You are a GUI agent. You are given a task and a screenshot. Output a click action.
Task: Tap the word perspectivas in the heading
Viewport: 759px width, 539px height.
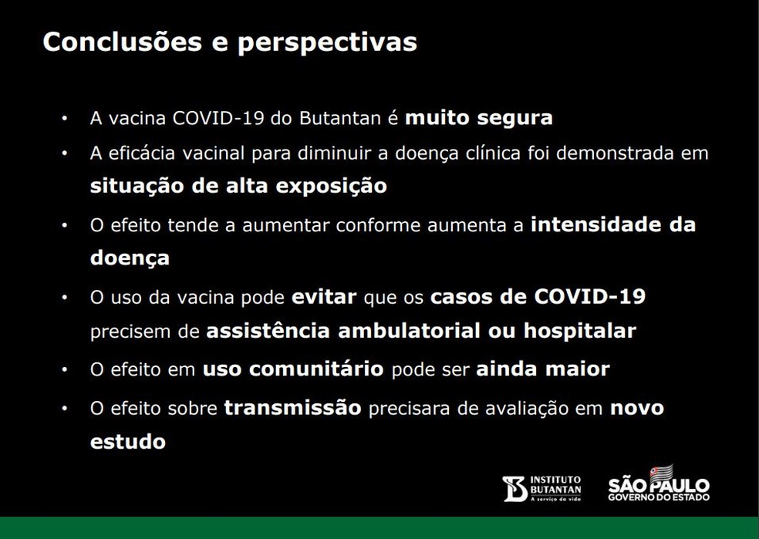[327, 43]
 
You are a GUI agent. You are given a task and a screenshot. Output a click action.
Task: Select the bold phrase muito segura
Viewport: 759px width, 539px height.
[479, 119]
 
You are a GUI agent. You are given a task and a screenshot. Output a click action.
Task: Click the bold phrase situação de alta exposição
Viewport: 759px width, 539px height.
[238, 187]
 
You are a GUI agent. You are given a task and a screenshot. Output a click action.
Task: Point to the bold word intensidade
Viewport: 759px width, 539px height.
[597, 225]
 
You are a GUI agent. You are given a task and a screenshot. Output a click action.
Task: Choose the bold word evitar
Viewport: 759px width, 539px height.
[324, 298]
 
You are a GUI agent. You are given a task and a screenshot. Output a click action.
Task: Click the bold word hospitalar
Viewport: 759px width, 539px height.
[580, 332]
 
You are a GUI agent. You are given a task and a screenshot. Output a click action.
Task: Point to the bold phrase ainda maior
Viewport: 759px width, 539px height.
[543, 369]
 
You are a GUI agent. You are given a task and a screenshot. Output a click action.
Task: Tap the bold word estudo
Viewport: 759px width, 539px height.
[128, 443]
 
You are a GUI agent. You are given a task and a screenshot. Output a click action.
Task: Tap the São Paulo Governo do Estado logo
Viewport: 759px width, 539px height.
[658, 485]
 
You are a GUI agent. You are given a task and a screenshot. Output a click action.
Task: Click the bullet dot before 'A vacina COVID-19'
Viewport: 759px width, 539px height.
[66, 120]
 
